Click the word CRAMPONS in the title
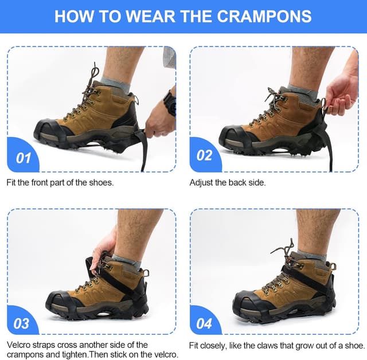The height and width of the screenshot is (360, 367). point(267,15)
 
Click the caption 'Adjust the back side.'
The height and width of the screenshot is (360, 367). point(228,182)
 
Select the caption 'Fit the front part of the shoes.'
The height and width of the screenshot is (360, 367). point(60,182)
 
